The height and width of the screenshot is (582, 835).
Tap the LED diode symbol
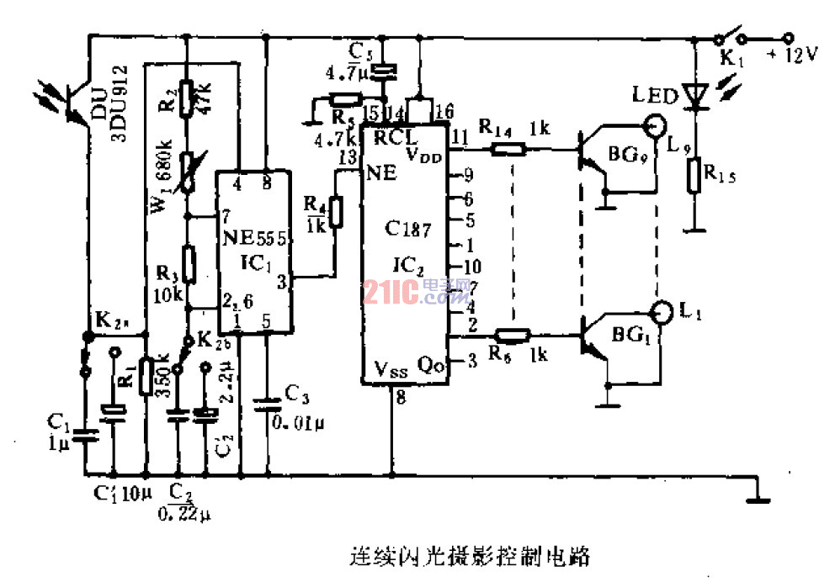(694, 96)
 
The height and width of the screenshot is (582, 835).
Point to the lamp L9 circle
(655, 127)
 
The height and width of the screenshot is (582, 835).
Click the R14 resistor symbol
(508, 150)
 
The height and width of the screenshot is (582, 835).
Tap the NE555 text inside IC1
(257, 239)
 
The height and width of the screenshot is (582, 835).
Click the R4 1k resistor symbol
(337, 213)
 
